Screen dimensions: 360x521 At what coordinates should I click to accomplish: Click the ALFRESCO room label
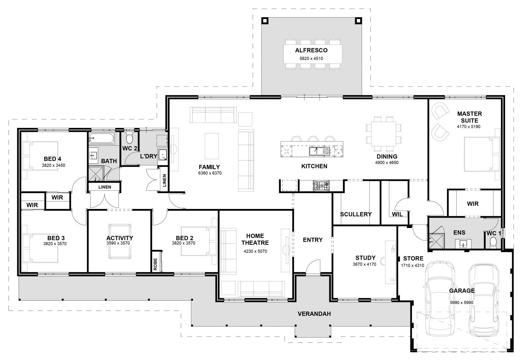[311, 51]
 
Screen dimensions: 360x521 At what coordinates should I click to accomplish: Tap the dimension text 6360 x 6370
[210, 173]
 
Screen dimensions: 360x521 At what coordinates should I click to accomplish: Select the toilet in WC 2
[129, 139]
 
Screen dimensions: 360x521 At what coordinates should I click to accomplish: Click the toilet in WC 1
[493, 242]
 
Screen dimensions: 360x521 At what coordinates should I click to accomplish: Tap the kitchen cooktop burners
[321, 185]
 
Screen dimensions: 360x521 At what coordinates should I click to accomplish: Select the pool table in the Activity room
[119, 241]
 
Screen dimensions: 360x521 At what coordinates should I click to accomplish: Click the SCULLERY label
[355, 214]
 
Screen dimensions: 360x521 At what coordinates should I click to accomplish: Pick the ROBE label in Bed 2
[155, 264]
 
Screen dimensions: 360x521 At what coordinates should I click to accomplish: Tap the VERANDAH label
[314, 314]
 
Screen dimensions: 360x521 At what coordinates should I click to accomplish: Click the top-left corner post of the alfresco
[265, 21]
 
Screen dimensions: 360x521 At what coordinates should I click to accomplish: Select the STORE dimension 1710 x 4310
[412, 265]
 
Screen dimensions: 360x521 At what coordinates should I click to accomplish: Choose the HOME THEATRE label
[255, 239]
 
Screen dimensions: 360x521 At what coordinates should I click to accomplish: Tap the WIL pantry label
[397, 214]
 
